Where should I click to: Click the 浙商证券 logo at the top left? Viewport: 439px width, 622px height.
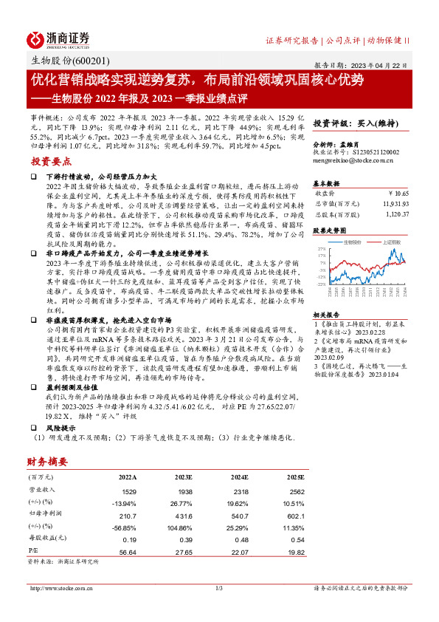[58, 38]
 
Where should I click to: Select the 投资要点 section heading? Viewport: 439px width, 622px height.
[51, 160]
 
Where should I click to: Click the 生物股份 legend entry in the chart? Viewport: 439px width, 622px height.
[354, 241]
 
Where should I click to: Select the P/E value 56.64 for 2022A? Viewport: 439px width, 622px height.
[126, 550]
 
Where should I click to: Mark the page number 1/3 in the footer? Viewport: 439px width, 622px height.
[218, 588]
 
